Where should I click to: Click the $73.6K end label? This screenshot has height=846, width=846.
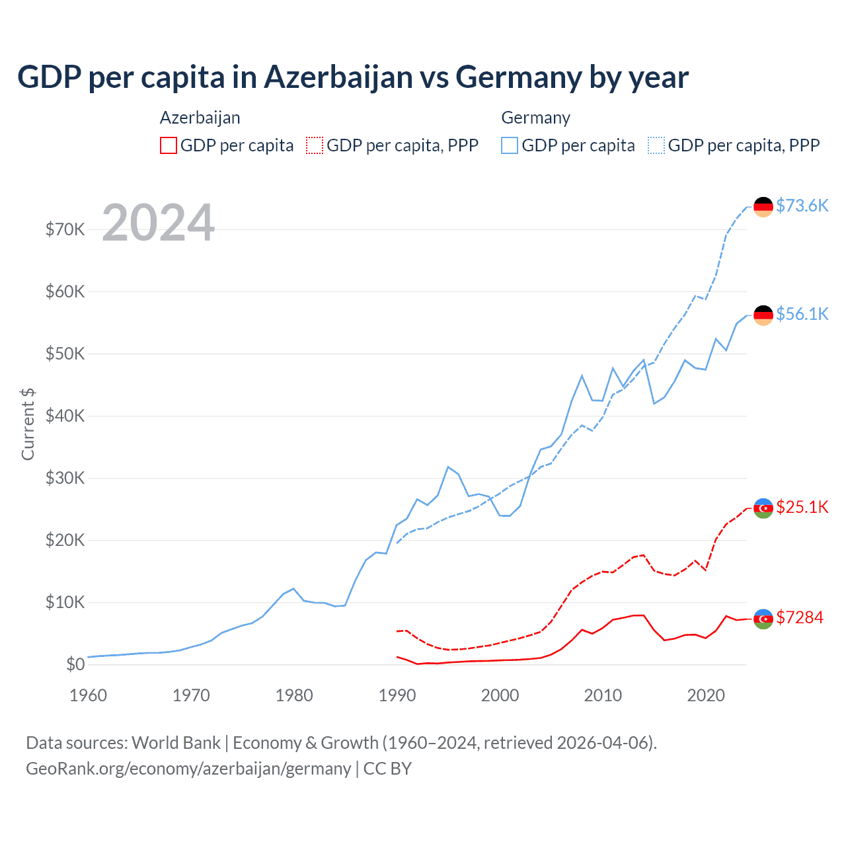[802, 206]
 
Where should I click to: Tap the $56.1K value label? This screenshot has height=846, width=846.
[802, 314]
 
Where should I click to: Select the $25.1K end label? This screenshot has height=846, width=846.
[802, 507]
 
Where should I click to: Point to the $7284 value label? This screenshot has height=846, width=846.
[799, 617]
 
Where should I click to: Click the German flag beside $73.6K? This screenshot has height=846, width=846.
[763, 207]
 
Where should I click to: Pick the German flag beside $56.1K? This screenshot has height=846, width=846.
[763, 315]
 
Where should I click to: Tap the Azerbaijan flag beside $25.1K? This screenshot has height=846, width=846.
[763, 508]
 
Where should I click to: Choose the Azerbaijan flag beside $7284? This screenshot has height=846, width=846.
[763, 619]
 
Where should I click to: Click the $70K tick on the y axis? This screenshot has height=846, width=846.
[65, 229]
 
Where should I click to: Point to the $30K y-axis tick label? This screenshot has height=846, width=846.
[65, 478]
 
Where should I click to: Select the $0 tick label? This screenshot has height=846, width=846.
[75, 664]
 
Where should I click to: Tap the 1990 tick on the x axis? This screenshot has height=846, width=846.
[397, 695]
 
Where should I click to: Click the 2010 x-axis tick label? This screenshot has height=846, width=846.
[603, 695]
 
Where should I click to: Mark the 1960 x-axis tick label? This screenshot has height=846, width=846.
[89, 695]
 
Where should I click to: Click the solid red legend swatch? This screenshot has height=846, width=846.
[169, 145]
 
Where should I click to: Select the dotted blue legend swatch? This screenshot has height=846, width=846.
[656, 145]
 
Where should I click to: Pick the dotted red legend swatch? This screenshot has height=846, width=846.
[315, 145]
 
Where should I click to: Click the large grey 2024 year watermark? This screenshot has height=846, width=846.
[159, 223]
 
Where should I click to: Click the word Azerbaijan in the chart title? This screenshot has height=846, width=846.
[338, 77]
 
